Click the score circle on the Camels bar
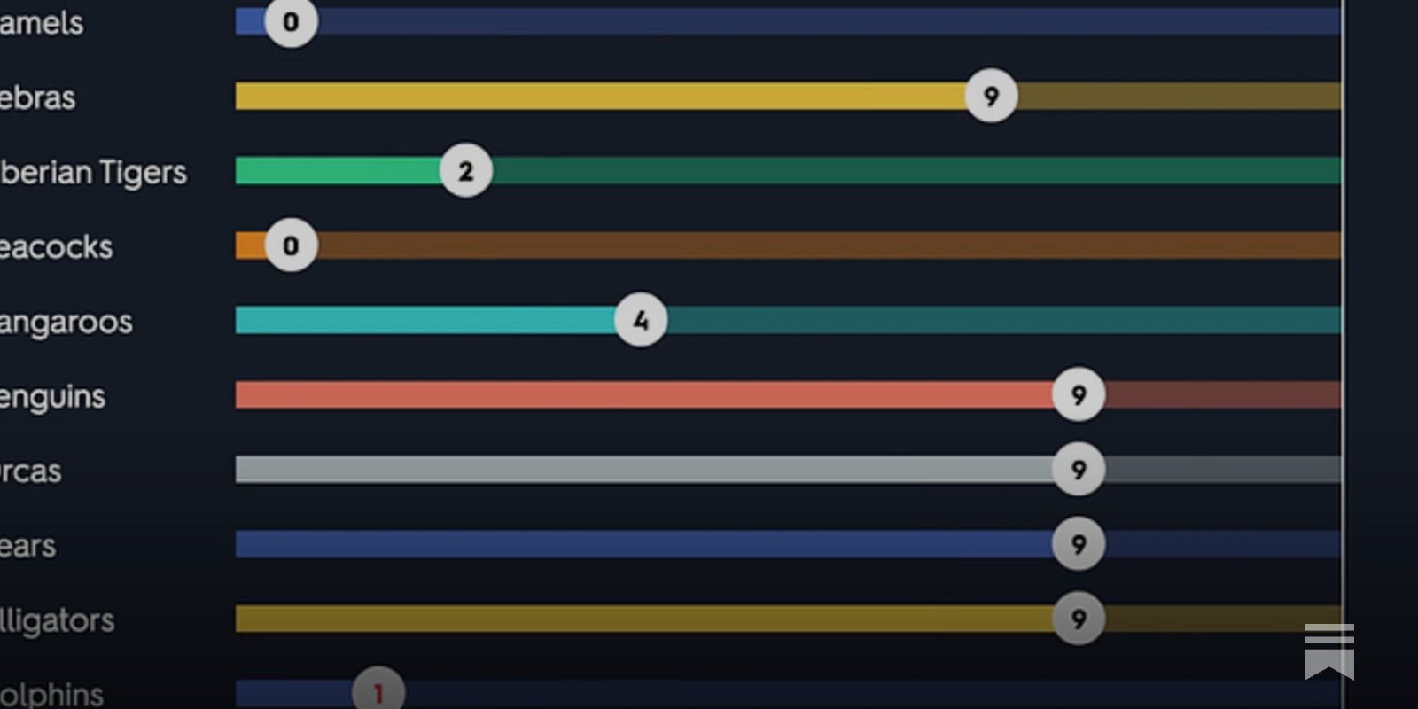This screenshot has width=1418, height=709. pyautogui.click(x=291, y=21)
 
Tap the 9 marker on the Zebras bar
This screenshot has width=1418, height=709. pyautogui.click(x=991, y=96)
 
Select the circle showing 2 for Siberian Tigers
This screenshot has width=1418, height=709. pyautogui.click(x=466, y=170)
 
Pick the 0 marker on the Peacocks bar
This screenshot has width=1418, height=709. pyautogui.click(x=291, y=245)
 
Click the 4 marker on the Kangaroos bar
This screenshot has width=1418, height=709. pyautogui.click(x=641, y=320)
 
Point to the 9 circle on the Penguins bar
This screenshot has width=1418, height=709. pyautogui.click(x=1079, y=394)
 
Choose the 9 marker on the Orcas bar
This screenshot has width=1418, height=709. pyautogui.click(x=1079, y=469)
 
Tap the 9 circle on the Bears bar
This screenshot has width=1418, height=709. pyautogui.click(x=1079, y=543)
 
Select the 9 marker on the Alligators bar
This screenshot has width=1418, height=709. pyautogui.click(x=1079, y=619)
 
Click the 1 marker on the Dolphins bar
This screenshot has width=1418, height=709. pyautogui.click(x=378, y=692)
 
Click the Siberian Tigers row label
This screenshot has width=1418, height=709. pyautogui.click(x=93, y=172)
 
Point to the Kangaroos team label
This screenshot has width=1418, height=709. pyautogui.click(x=66, y=322)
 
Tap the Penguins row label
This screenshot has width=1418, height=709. pyautogui.click(x=52, y=396)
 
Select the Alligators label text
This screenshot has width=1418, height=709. pyautogui.click(x=57, y=620)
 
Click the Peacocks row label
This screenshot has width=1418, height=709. pyautogui.click(x=56, y=247)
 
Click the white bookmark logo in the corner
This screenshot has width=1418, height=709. pyautogui.click(x=1328, y=651)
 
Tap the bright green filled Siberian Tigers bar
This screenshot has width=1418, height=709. pyautogui.click(x=338, y=170)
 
